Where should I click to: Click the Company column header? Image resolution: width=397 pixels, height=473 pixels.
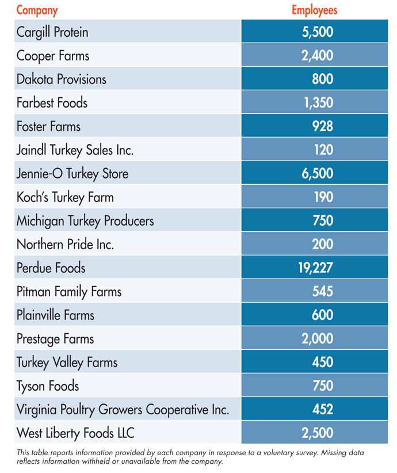[x=37, y=10]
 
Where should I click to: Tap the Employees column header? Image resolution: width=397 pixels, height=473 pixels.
[x=314, y=10]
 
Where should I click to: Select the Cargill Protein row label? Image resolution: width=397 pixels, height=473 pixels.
[x=52, y=32]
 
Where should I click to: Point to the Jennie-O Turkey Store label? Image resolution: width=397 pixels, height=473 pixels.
[x=72, y=174]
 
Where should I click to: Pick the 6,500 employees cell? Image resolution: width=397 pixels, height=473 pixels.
[x=317, y=174]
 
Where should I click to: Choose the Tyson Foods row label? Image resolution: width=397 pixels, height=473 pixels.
[x=48, y=386]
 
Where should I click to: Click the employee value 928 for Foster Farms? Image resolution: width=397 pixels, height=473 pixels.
[x=322, y=127]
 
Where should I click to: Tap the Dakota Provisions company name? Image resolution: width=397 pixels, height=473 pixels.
[x=62, y=79]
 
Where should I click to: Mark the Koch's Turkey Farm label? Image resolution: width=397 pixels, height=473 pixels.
[x=65, y=197]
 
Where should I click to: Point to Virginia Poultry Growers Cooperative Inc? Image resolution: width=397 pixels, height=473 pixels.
[x=123, y=410]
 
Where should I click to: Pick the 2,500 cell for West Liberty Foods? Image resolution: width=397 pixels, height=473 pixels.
[x=317, y=433]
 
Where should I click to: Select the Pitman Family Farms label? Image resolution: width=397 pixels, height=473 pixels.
[x=69, y=292]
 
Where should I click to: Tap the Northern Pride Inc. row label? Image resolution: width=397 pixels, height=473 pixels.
[x=65, y=245]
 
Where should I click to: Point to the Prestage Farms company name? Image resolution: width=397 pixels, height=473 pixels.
[x=55, y=339]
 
